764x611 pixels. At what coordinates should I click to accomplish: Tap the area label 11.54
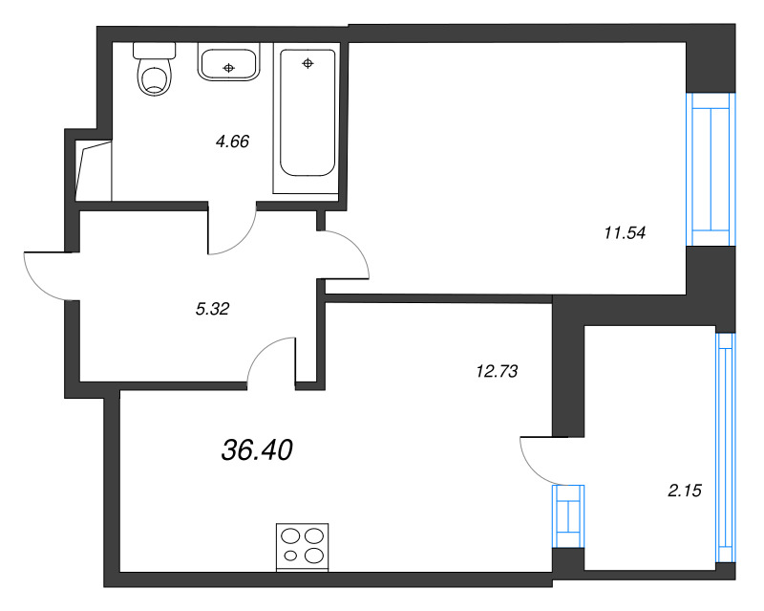coord(626,230)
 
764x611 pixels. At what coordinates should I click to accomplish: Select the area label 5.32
coord(211,308)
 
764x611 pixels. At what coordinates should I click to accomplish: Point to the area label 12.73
coord(496,372)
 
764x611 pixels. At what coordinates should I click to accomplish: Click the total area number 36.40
coord(255,449)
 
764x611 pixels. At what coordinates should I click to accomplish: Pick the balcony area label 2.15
coord(685,491)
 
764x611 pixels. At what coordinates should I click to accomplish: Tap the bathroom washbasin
coord(228,65)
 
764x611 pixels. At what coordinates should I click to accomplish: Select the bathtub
coord(308,115)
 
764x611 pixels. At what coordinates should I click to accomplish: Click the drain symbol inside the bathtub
coord(308,64)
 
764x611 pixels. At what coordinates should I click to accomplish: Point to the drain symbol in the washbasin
coord(228,67)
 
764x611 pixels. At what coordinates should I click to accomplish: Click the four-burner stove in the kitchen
coord(302,547)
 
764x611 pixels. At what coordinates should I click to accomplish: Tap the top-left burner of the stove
coord(290,536)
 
